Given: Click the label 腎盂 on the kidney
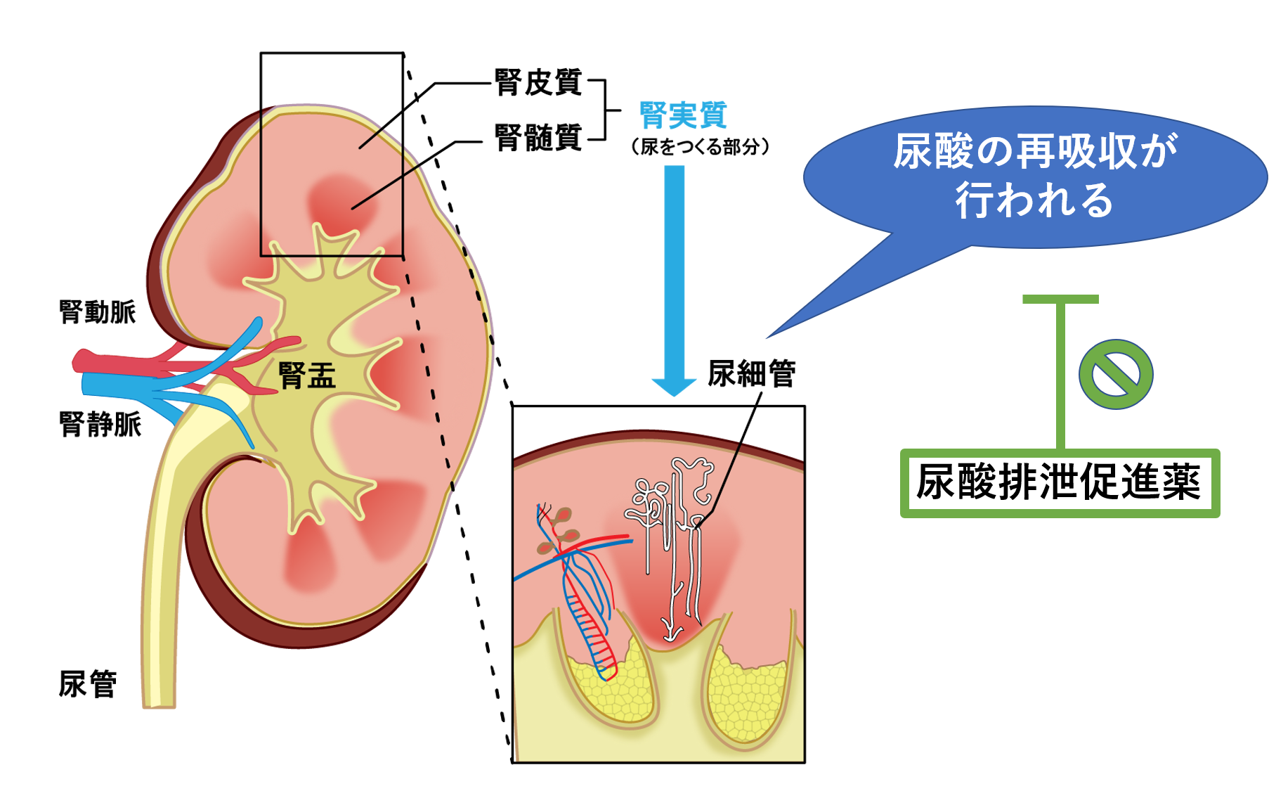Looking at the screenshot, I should tap(307, 375).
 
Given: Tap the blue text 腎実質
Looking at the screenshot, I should tap(683, 115).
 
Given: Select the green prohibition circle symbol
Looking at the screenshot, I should tap(1116, 374).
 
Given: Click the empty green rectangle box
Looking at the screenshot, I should tap(1060, 483).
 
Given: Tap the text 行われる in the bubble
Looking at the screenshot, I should tap(1034, 201).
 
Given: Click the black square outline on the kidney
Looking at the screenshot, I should tap(261, 183).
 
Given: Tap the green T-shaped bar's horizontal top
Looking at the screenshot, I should tap(1060, 300).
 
